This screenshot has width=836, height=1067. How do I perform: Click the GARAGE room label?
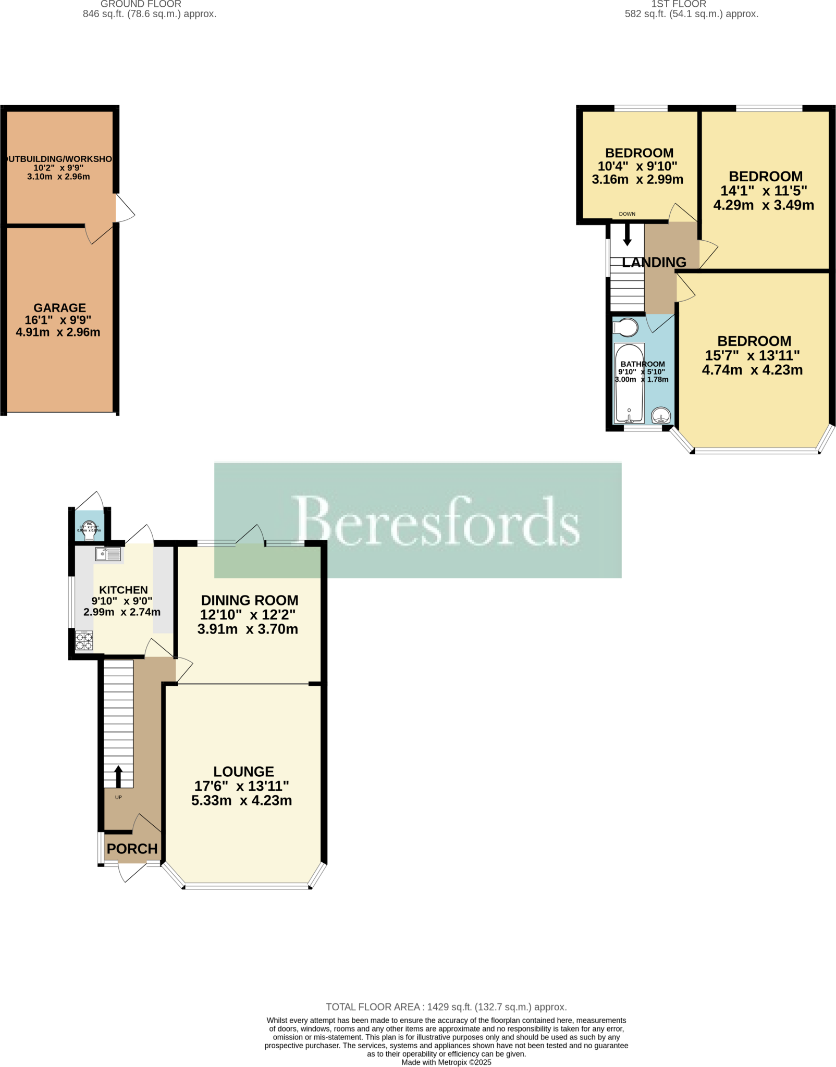click(59, 308)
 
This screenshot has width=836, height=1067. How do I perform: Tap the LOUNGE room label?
click(243, 772)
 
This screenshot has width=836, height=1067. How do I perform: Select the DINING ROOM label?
click(250, 600)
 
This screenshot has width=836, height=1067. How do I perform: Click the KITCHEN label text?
click(124, 590)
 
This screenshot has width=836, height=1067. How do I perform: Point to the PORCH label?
click(132, 849)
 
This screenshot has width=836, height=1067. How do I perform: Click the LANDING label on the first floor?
click(654, 262)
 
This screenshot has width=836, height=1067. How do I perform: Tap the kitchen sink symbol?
click(108, 554)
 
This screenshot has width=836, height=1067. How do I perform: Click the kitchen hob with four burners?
click(84, 641)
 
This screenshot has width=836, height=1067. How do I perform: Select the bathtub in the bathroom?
click(629, 383)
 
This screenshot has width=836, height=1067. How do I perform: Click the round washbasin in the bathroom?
click(661, 416)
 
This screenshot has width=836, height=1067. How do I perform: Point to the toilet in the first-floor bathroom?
click(625, 328)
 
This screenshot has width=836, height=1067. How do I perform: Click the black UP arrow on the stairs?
click(118, 776)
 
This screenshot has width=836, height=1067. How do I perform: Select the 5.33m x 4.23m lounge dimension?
click(241, 800)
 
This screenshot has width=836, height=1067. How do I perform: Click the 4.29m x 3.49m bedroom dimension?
click(764, 205)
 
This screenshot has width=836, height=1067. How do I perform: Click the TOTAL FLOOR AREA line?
click(446, 1007)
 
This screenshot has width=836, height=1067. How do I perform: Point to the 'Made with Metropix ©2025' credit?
click(446, 1062)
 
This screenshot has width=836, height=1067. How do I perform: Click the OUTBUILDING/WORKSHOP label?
click(58, 159)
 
